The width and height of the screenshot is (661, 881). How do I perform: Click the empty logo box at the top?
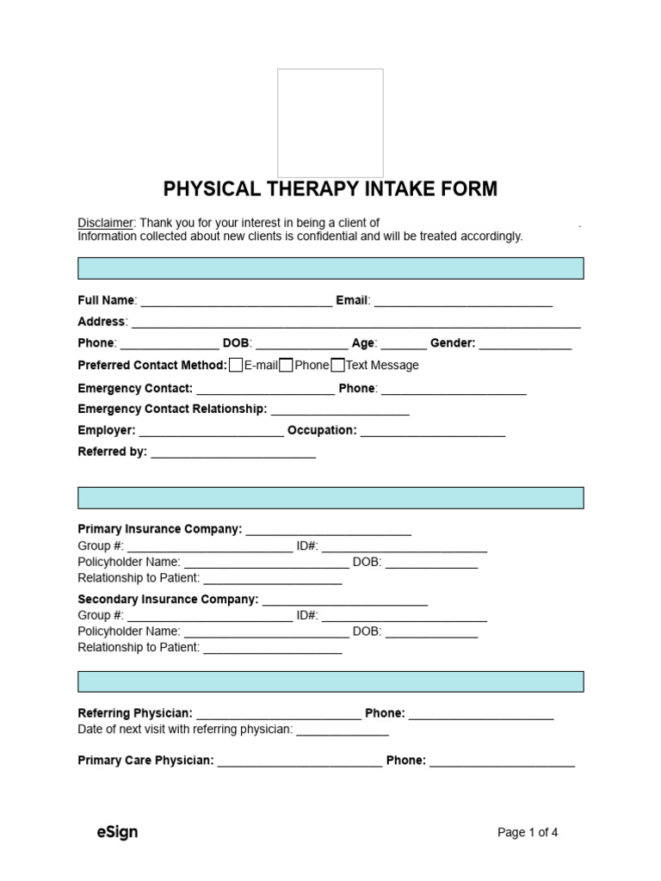point(330,123)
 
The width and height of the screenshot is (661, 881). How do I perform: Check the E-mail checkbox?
point(236,365)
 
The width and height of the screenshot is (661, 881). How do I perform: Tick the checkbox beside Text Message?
point(338,365)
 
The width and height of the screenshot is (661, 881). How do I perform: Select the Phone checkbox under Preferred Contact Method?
point(287,365)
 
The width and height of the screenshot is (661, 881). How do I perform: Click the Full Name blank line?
point(236,303)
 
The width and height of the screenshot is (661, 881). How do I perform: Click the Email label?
point(352,300)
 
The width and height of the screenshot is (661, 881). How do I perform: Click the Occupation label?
point(321,430)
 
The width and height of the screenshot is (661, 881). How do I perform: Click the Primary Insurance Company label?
point(159,529)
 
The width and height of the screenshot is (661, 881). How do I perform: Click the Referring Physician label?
point(135,713)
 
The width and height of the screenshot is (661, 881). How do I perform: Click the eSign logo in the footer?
point(117,832)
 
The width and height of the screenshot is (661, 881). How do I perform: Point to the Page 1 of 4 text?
point(528,832)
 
